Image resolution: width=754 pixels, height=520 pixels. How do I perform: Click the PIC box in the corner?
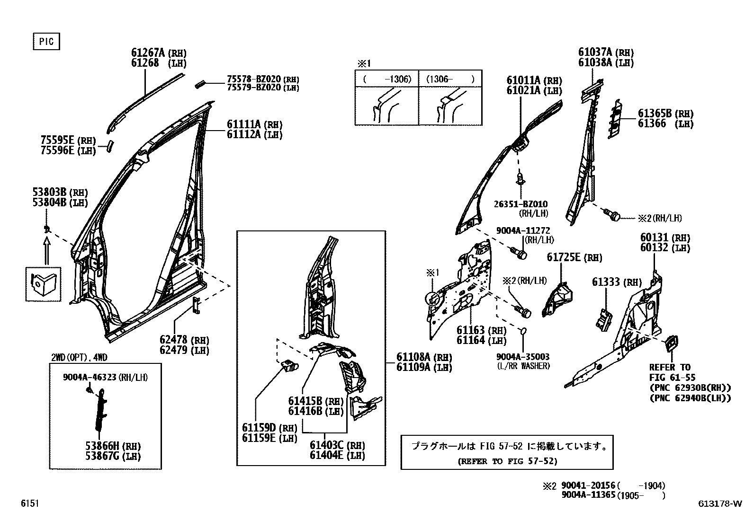(46, 42)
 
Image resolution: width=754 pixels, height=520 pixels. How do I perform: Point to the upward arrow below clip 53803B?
(46, 250)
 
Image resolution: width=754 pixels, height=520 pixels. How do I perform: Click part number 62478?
(174, 340)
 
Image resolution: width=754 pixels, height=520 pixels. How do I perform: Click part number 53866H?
(102, 446)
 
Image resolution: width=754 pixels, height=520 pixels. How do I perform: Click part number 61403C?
(327, 445)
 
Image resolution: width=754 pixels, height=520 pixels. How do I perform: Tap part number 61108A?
(413, 357)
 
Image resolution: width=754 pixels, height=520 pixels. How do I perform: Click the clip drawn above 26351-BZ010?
(521, 179)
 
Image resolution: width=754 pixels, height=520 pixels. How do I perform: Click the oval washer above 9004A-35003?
(524, 330)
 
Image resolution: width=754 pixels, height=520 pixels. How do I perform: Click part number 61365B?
(655, 114)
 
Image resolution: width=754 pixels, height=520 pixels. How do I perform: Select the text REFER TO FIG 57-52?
(507, 461)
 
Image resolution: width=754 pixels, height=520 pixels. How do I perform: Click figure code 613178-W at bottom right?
(719, 504)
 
